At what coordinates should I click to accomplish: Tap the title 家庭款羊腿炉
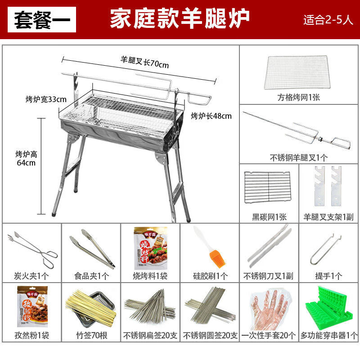click(180, 20)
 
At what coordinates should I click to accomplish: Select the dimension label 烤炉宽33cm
click(46, 99)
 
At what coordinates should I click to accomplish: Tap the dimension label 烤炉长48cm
click(211, 116)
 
